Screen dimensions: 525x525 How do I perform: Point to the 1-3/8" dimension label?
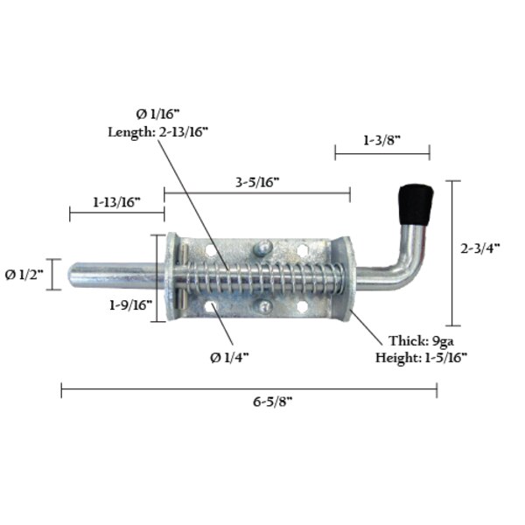point(382,139)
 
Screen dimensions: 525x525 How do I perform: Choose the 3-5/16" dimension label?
point(257,182)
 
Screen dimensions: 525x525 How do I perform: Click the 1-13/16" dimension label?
point(117,202)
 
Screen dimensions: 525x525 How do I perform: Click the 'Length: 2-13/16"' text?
point(157,131)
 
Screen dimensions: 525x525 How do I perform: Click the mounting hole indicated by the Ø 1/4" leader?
point(211,307)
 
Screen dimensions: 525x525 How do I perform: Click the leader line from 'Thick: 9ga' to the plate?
point(368,324)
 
